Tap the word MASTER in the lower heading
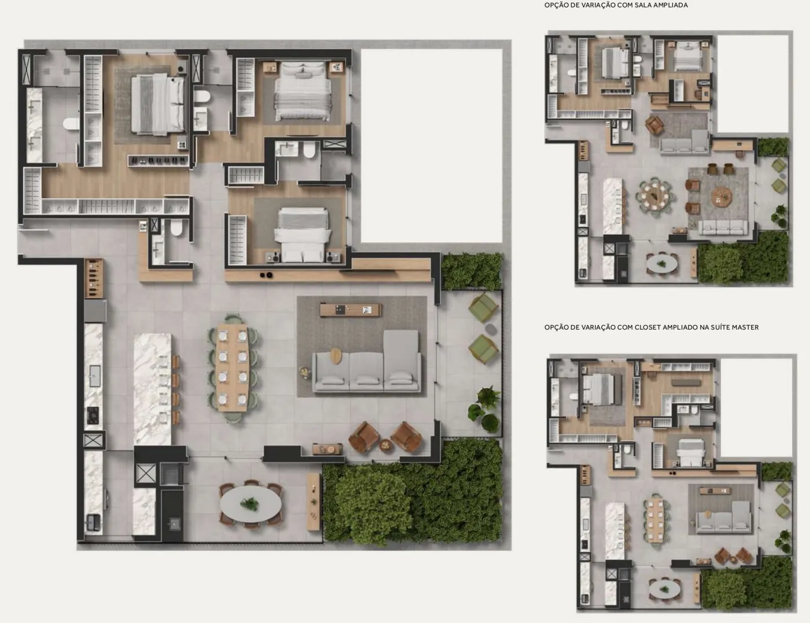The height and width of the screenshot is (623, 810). [746, 327]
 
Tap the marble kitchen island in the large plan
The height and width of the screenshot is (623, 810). [152, 389]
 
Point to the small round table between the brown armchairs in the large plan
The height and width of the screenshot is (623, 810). [386, 445]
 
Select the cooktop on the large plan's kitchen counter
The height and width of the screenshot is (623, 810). [93, 415]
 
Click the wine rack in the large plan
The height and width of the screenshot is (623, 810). [94, 278]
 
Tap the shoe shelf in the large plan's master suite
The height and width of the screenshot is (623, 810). [159, 161]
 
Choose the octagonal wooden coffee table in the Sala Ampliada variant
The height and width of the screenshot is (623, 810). [721, 196]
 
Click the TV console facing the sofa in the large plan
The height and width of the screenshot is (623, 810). [351, 310]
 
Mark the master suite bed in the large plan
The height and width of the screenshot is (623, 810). [158, 104]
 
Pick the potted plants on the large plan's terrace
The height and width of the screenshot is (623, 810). [485, 409]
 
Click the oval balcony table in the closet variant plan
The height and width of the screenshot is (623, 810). [665, 589]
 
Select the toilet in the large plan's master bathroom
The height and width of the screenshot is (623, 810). [71, 124]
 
